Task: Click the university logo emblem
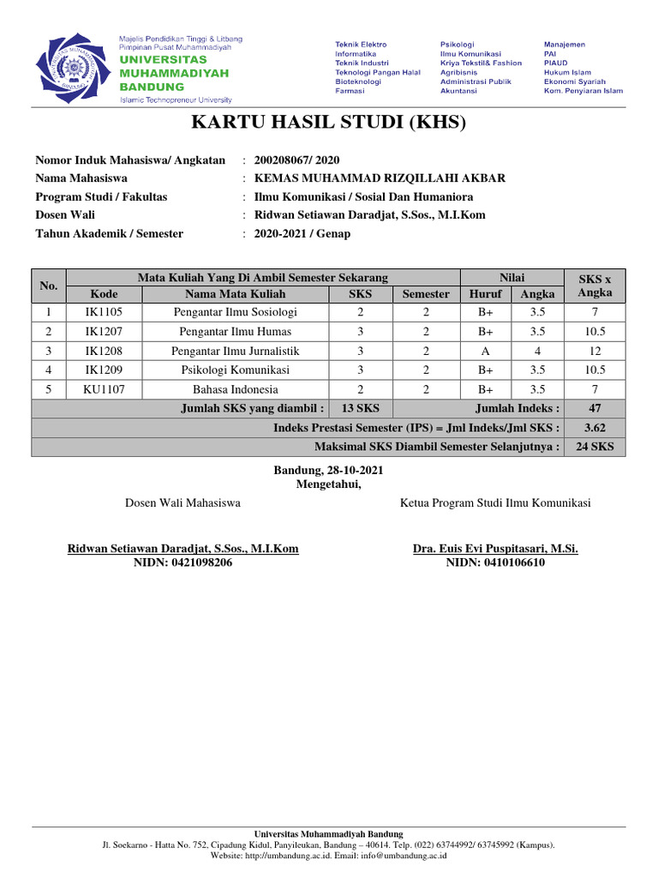click(x=72, y=67)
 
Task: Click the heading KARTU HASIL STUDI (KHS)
click(x=328, y=123)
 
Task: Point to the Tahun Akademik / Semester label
click(x=109, y=233)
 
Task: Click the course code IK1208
click(x=104, y=351)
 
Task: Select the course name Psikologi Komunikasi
click(x=235, y=370)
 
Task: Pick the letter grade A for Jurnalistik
click(x=486, y=351)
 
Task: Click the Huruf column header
click(x=486, y=293)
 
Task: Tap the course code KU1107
click(x=104, y=388)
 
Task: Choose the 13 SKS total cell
click(x=361, y=408)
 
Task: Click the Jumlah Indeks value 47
click(x=595, y=408)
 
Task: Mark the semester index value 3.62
click(x=595, y=427)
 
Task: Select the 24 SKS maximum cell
click(x=595, y=447)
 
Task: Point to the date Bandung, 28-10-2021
click(x=329, y=471)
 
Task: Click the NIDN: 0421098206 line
click(x=182, y=562)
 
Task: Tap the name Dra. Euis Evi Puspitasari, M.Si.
click(x=495, y=549)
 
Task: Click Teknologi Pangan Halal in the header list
click(x=378, y=72)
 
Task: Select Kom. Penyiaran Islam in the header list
click(x=583, y=90)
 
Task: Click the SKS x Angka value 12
click(x=595, y=351)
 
